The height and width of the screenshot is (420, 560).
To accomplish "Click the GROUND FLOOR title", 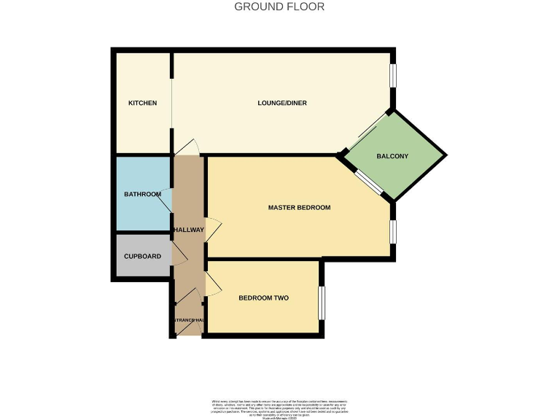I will point(279,7).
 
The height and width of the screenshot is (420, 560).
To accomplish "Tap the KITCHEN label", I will point(142,103).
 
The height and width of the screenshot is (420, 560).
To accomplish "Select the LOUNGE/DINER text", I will point(282,103).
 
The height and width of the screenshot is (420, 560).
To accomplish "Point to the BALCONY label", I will point(392,157).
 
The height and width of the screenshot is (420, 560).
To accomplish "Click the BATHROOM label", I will point(142,194).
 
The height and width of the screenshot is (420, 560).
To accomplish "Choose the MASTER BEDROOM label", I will point(299,208).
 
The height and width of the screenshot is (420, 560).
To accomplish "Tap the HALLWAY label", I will point(188,230).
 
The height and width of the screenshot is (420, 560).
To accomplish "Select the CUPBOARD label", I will point(142,256).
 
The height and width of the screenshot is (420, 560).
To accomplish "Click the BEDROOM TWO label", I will point(264,297).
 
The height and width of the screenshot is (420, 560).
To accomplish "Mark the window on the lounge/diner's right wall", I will point(392,76).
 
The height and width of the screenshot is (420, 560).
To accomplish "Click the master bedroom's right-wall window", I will point(392,231).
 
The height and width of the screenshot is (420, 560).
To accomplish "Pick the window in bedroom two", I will point(322,302).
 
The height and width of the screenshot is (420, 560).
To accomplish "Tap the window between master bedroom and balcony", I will point(368,183).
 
